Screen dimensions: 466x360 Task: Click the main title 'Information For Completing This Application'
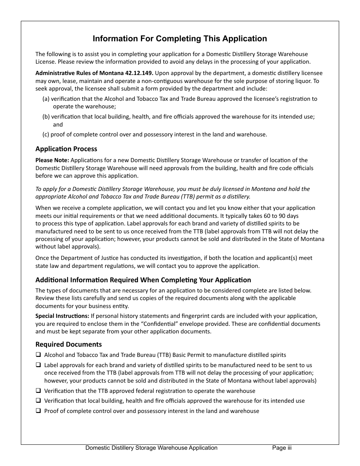click(180, 39)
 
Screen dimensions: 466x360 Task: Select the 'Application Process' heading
click(66, 149)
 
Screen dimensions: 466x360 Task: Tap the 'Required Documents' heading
click(69, 344)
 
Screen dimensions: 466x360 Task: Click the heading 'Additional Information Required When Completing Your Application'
click(143, 280)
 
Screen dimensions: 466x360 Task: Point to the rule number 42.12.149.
click(139, 73)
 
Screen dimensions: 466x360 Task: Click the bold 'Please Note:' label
click(52, 160)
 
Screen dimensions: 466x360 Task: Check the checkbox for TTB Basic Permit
click(38, 355)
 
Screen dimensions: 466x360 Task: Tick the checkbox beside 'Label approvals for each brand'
click(38, 365)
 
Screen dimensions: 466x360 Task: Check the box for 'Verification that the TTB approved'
click(38, 391)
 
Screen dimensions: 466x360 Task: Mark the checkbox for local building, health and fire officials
click(38, 400)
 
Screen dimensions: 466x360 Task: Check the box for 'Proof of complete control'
click(38, 411)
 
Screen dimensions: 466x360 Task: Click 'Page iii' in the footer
click(282, 448)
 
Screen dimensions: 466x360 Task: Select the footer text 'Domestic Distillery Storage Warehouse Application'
click(151, 448)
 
